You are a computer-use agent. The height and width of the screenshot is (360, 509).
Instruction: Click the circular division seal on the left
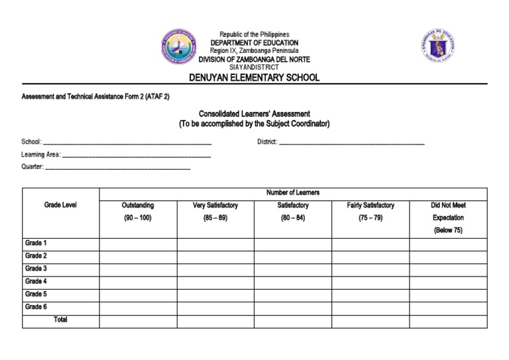[178, 46]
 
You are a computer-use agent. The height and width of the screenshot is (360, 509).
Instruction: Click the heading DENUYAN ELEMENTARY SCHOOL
[254, 78]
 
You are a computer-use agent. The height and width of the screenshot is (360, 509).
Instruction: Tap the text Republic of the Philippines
[254, 34]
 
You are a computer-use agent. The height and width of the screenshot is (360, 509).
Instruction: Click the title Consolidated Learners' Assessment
[254, 114]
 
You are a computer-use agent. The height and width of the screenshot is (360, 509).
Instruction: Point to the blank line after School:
[127, 143]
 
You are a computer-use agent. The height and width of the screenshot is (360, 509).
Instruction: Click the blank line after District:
[351, 143]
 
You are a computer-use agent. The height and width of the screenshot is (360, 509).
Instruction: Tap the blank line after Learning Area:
[136, 155]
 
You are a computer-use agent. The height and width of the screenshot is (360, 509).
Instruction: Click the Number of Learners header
[292, 193]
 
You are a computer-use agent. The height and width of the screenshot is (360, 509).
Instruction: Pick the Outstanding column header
[138, 206]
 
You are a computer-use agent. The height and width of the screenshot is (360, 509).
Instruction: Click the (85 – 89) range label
[215, 218]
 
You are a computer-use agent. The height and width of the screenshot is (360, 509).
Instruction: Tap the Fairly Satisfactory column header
[370, 206]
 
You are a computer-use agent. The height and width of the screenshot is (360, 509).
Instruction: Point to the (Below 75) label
[448, 231]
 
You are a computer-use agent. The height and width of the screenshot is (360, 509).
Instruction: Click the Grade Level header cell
[60, 206]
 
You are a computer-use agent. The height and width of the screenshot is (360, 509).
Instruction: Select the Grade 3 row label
[36, 269]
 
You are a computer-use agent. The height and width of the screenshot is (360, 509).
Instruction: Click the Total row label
[60, 320]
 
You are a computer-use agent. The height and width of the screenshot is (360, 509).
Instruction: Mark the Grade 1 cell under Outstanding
[138, 244]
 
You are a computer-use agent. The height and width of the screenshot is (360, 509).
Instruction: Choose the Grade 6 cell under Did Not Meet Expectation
[448, 308]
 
